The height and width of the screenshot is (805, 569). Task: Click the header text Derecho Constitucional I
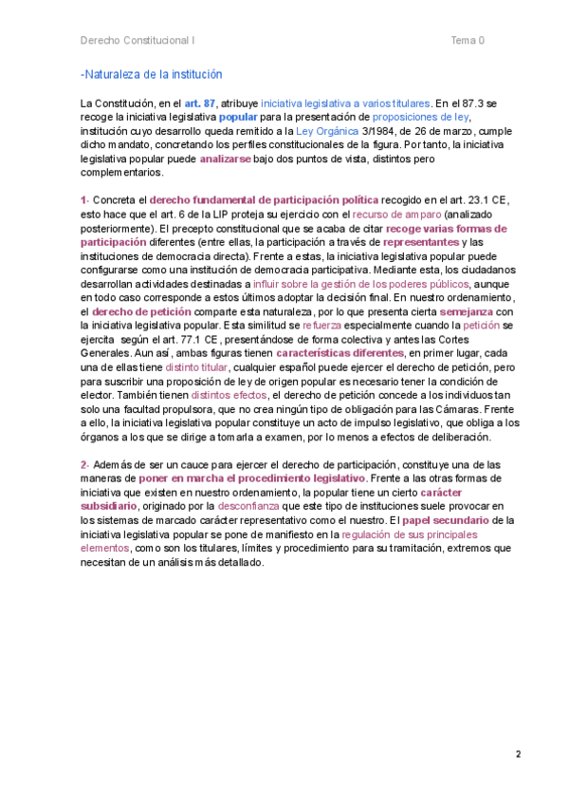(x=138, y=41)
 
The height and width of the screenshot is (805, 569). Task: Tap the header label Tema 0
(x=468, y=41)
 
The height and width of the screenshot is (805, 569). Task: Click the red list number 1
(x=83, y=200)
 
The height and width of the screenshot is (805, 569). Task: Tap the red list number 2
(x=84, y=465)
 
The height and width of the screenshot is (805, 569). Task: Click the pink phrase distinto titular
(x=196, y=367)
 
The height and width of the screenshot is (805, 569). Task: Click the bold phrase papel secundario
(x=446, y=521)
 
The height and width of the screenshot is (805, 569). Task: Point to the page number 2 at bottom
(x=518, y=756)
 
